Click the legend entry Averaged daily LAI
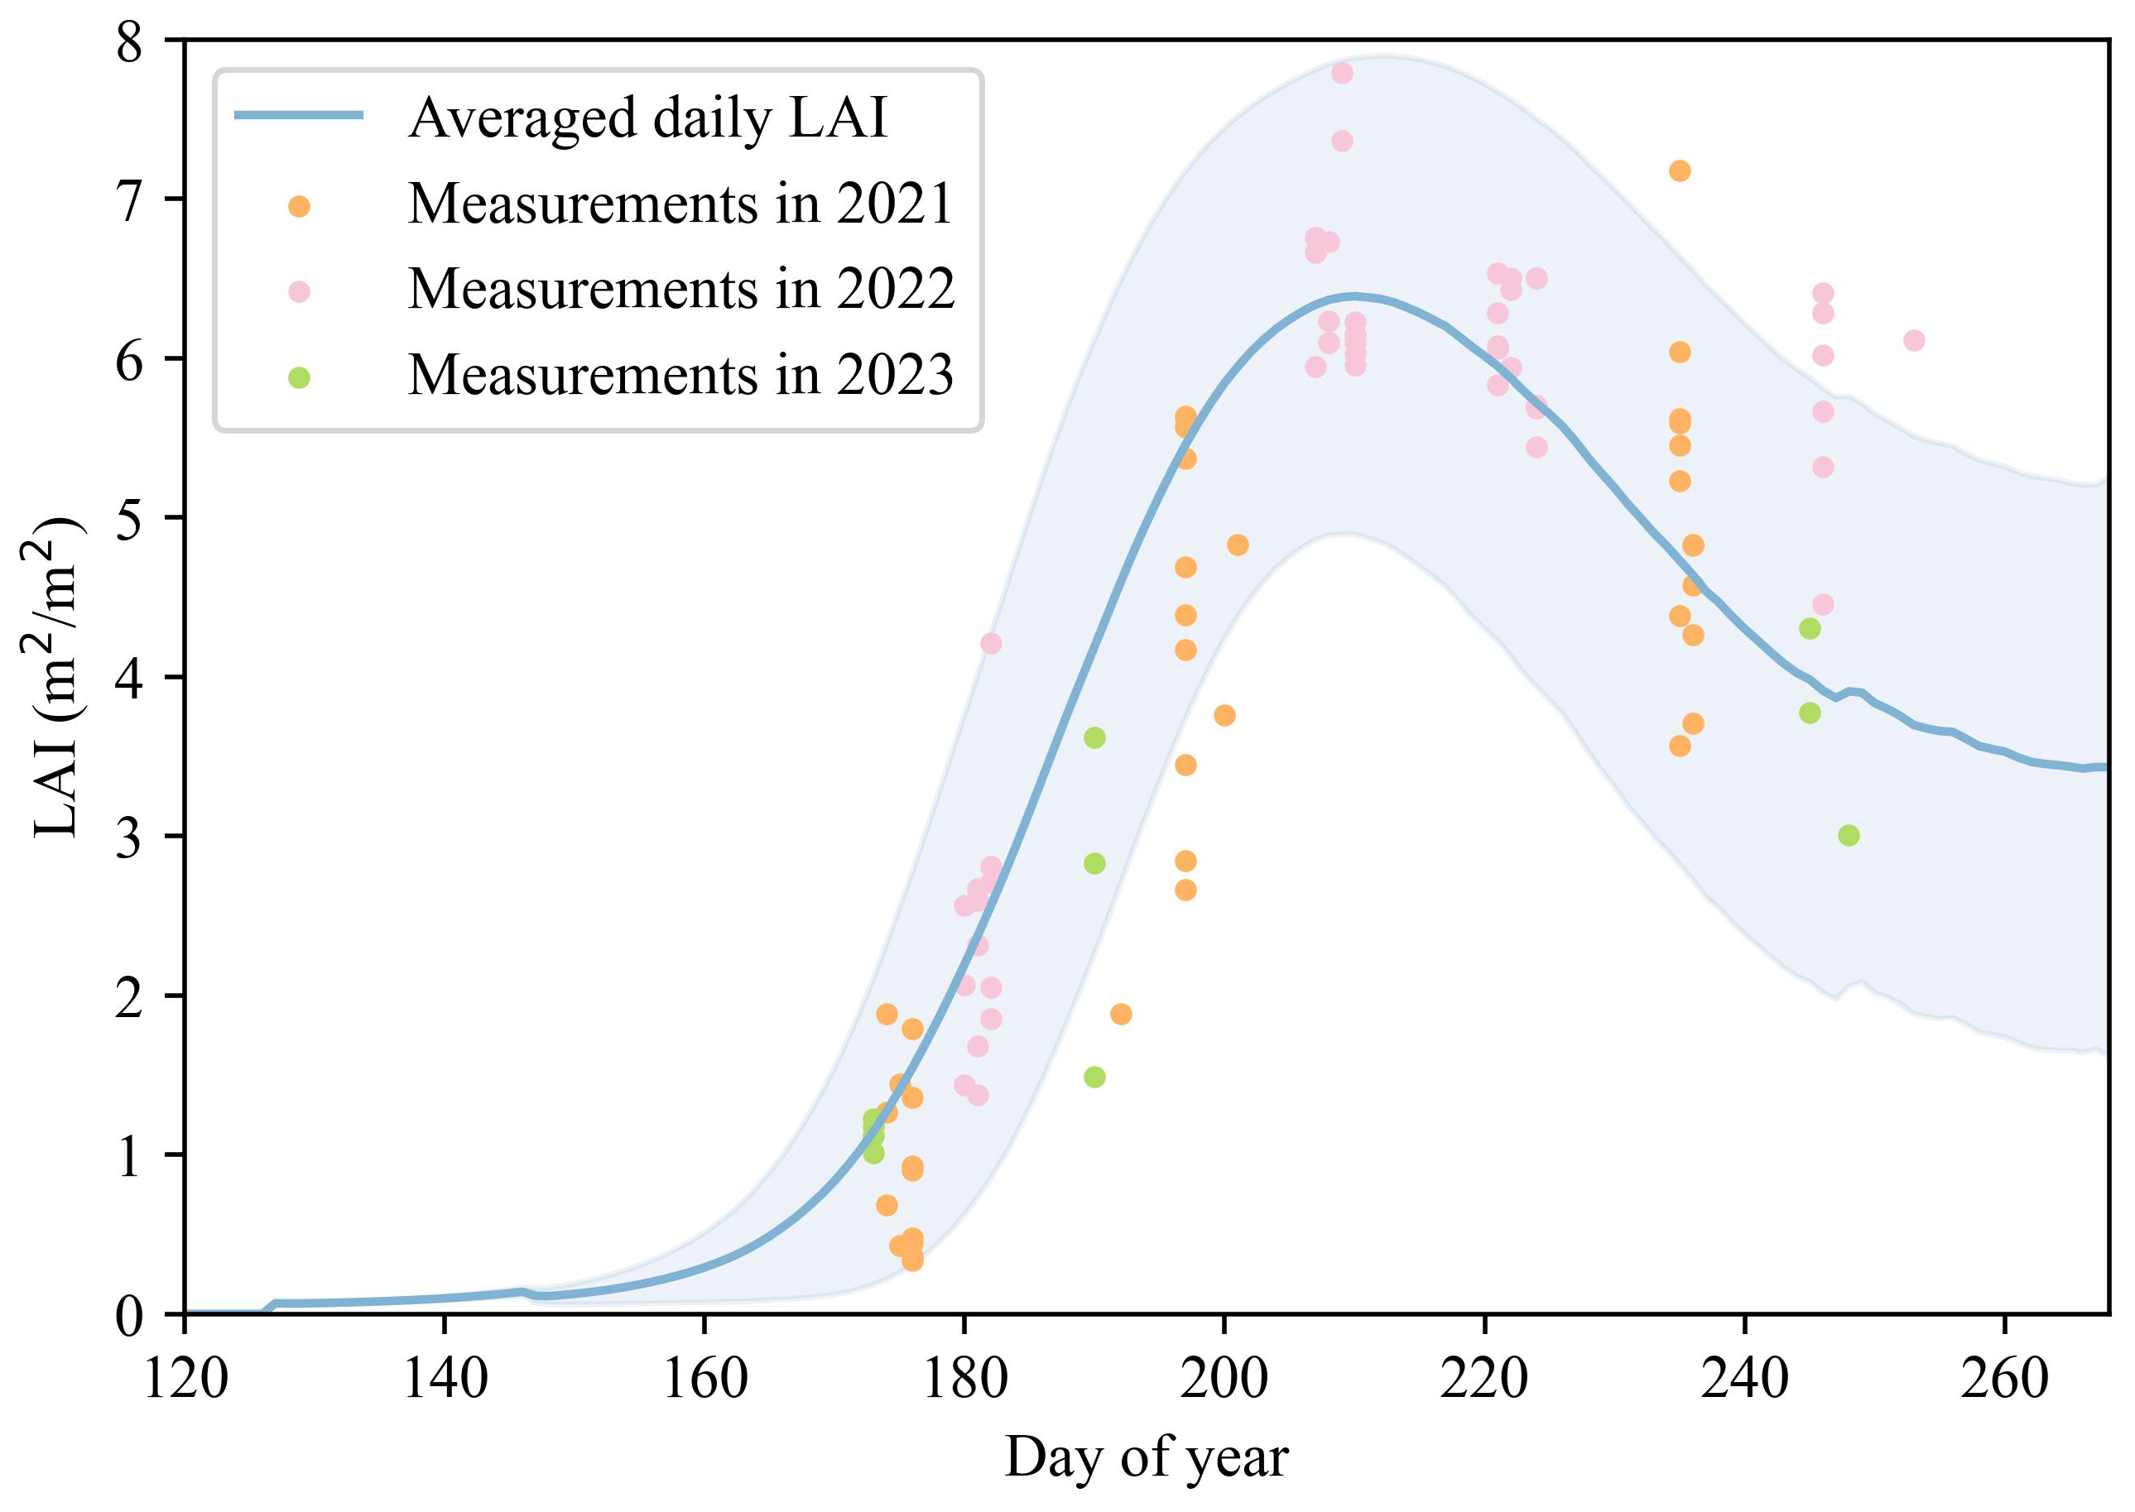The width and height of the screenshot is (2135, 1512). (647, 118)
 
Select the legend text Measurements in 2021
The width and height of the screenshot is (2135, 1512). (680, 204)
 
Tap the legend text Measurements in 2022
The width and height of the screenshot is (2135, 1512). (680, 290)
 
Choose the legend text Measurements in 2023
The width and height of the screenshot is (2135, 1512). (680, 375)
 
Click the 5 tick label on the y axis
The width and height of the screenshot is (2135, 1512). (129, 520)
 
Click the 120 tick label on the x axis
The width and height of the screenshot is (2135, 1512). (185, 1379)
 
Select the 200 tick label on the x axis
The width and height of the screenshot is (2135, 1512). (1224, 1379)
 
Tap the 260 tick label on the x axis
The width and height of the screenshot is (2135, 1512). (2003, 1379)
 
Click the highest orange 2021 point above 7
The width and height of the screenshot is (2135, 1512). (1680, 171)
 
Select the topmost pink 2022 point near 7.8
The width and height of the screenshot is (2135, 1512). (1342, 74)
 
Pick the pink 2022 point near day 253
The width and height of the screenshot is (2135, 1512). (1913, 341)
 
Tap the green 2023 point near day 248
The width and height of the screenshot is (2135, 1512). (1849, 836)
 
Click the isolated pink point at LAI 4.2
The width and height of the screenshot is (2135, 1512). (991, 643)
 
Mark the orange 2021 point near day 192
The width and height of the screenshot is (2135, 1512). (1121, 1014)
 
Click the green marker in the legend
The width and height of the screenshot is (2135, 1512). (299, 378)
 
